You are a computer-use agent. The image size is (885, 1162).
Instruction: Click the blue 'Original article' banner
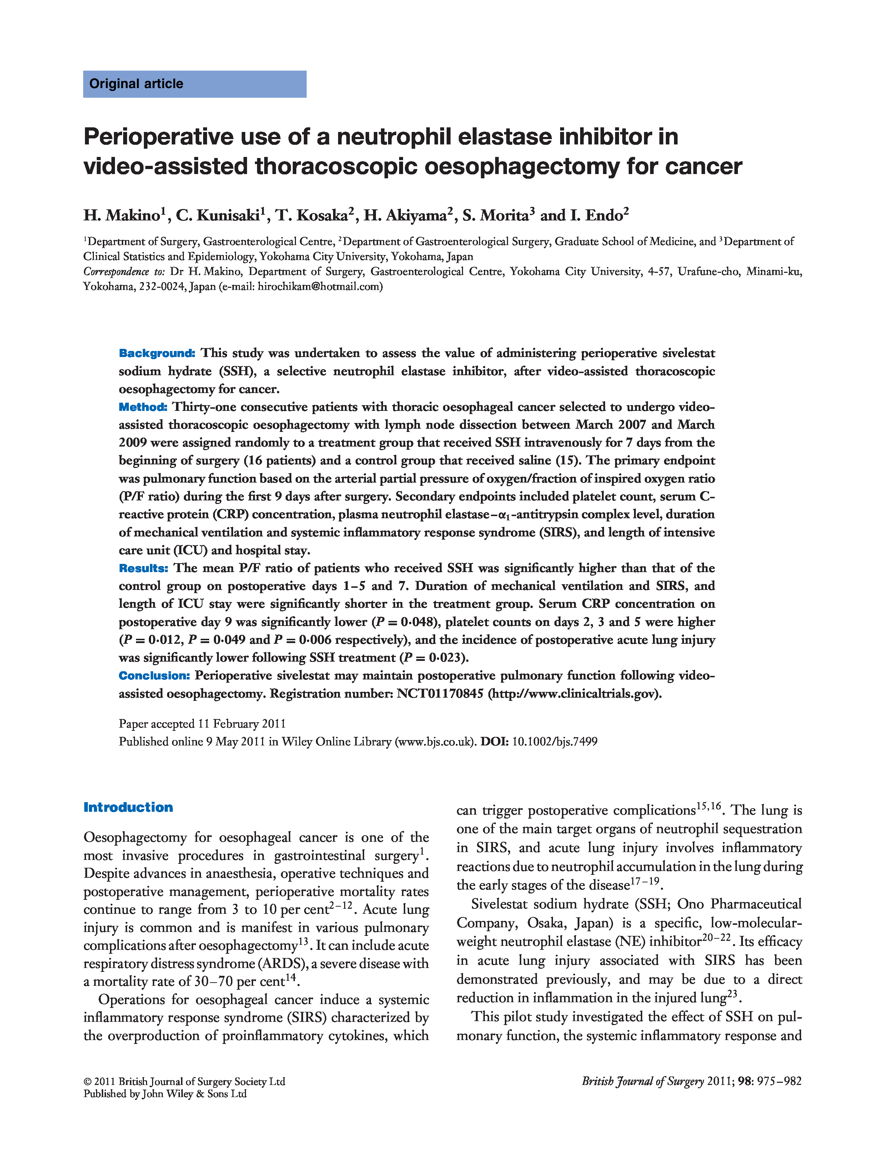pos(194,84)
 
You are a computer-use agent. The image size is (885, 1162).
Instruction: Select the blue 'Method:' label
pos(143,407)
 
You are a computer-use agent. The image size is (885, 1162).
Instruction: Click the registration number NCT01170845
pos(439,694)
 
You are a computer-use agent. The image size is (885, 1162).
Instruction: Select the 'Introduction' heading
pos(128,807)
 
